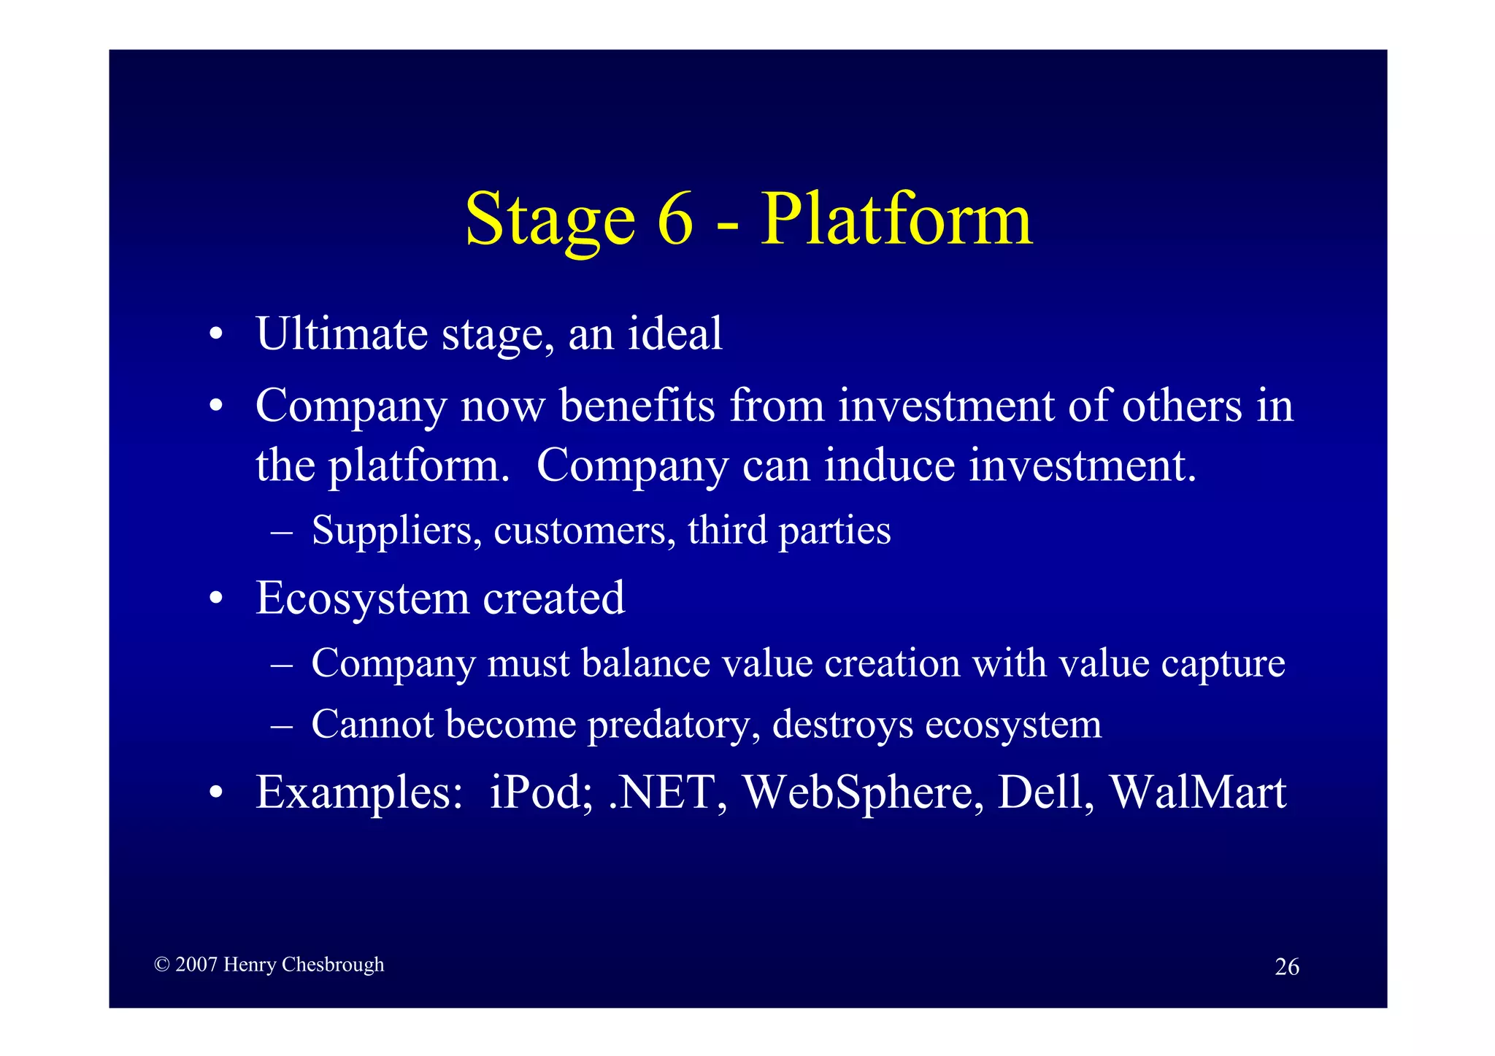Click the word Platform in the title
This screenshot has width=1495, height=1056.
(896, 219)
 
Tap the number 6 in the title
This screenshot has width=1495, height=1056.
(675, 219)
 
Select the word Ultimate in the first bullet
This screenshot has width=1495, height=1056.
(342, 334)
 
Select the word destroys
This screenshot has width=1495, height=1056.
(842, 724)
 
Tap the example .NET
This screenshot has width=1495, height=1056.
(661, 792)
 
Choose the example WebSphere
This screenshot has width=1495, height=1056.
(857, 792)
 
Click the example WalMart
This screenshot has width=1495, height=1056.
(1197, 792)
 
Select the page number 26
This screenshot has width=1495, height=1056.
(1286, 966)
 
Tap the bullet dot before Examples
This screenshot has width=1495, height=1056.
(215, 793)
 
